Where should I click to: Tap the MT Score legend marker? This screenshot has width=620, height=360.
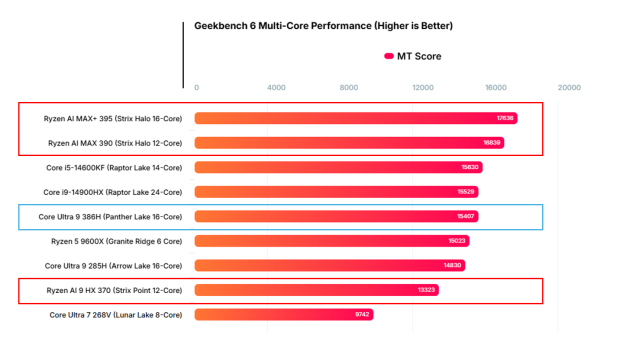389,56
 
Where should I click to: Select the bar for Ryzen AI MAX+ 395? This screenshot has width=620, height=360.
355,118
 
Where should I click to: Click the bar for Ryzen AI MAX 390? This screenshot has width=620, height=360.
349,143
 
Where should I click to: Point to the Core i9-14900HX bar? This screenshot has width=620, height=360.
337,192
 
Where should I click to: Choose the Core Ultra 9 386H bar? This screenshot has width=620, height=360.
336,216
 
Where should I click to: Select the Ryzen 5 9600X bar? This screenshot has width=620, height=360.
332,241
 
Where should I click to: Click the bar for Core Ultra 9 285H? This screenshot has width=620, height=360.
329,265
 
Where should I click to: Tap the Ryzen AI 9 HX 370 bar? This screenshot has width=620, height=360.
316,290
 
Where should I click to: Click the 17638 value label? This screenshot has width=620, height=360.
505,118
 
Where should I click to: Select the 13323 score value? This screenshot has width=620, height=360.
425,290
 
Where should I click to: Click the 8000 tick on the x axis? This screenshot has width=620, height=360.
348,88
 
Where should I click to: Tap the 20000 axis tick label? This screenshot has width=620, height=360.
569,88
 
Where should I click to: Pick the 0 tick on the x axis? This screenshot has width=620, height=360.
196,88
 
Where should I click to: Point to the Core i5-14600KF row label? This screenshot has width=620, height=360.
112,167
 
